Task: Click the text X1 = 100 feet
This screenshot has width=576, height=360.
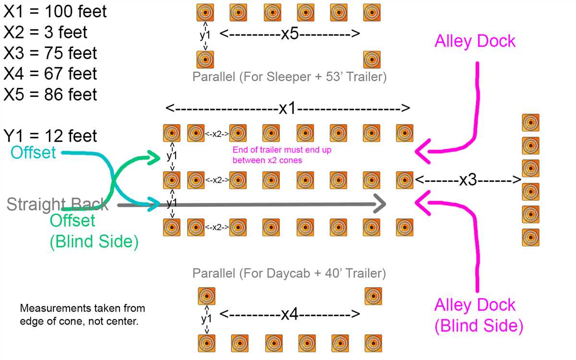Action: pos(55,12)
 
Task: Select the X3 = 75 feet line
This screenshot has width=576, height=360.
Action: pos(50,53)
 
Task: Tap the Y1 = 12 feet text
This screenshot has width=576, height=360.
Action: pos(50,136)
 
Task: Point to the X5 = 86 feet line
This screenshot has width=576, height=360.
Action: pos(50,95)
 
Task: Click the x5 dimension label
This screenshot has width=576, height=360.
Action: pos(290,34)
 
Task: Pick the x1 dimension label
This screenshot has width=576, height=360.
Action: pos(288,108)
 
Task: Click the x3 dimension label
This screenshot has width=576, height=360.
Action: pos(468,180)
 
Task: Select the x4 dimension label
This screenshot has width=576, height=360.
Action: pos(290,314)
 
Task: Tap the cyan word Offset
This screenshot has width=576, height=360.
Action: pos(33,152)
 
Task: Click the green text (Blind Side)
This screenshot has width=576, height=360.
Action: pos(94,241)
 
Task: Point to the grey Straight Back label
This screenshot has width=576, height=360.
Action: pos(57,204)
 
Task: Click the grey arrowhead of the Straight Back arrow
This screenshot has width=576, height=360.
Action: pos(380,204)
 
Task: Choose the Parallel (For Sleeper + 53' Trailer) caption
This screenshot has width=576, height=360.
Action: pos(289,77)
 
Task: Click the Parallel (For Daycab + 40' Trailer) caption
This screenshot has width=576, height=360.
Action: pos(289,273)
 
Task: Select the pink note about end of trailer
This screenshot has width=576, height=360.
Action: pos(282,155)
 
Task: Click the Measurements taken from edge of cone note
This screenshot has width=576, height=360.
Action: pos(83,314)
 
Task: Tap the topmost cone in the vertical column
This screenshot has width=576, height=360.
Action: pos(530,123)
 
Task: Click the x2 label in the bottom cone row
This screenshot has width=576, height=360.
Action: pos(217,228)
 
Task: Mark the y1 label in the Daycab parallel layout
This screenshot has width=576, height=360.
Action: pos(206,319)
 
